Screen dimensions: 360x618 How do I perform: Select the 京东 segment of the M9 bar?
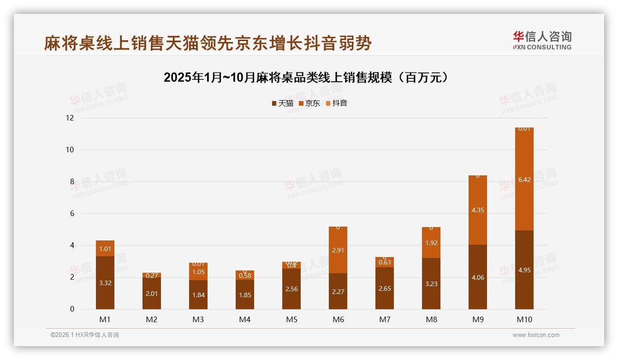pos(477,210)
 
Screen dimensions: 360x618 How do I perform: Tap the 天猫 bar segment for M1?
pos(105,282)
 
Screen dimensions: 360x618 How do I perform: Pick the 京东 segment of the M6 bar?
pos(338,250)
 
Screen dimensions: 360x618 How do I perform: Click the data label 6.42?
pos(524,180)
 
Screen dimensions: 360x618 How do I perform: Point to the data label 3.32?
pos(105,283)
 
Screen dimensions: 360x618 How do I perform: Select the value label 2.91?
pos(338,250)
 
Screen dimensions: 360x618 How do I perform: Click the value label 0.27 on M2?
pos(152,276)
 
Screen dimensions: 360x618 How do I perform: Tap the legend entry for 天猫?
pos(282,103)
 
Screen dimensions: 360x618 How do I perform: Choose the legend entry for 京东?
pos(309,103)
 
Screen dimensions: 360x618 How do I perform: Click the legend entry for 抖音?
pos(336,103)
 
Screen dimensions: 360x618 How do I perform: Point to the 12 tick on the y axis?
pos(70,118)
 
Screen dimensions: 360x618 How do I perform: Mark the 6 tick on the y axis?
pos(71,214)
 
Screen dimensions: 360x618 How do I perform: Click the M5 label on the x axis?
pos(291,319)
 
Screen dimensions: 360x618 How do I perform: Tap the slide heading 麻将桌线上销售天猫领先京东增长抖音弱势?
pos(208,43)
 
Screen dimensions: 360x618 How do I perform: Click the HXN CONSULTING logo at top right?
pos(542,41)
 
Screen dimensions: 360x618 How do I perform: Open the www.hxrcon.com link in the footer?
pos(536,335)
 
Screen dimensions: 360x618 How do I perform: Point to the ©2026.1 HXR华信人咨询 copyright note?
pos(84,335)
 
